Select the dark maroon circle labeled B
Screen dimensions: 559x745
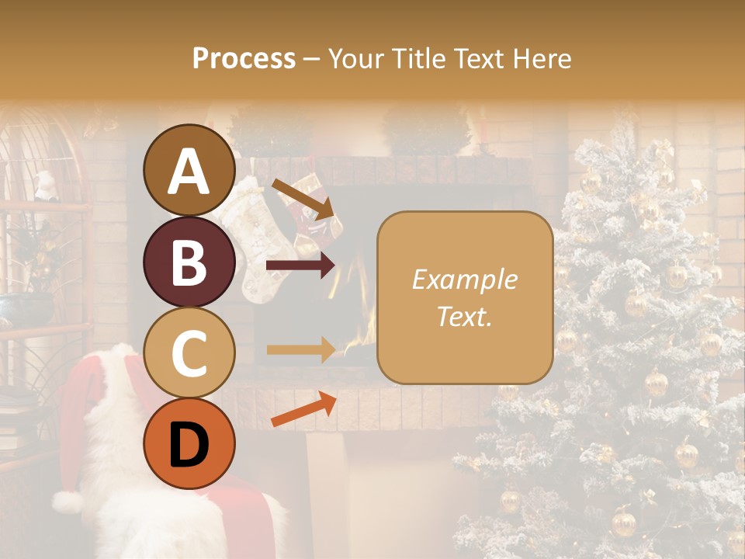tap(189, 262)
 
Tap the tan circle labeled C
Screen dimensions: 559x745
tap(189, 353)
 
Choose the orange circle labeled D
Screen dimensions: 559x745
tap(189, 444)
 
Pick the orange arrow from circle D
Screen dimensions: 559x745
tap(303, 410)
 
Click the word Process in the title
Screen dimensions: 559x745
tap(244, 58)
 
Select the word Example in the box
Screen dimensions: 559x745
tap(464, 279)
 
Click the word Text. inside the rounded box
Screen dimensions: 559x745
tap(464, 316)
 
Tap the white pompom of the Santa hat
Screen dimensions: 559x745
tap(68, 502)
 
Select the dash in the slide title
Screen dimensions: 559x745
tap(312, 59)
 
